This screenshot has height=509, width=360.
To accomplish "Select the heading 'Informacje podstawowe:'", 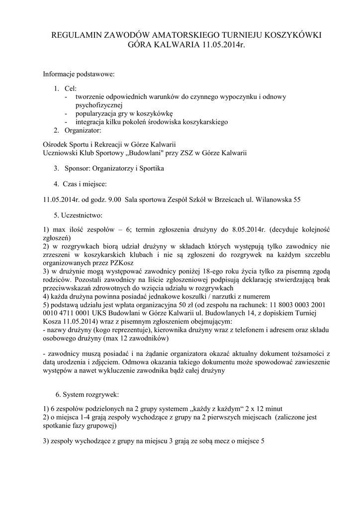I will [x=79, y=75].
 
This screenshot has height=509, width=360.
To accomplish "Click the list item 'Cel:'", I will [x=71, y=88].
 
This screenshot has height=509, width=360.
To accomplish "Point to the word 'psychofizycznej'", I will [x=99, y=105].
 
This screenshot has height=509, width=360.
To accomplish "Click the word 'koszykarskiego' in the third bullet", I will [x=204, y=122].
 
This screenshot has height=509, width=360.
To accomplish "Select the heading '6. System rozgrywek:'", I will [x=87, y=395].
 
